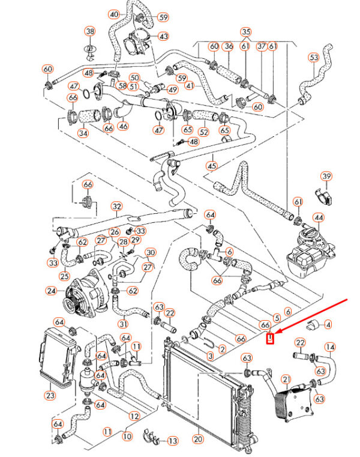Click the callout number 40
coord(114,14)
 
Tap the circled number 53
coord(314,58)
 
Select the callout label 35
coord(245,31)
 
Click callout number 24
coord(51,292)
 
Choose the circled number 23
coord(49,395)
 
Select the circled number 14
coord(331,347)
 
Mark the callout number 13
coord(173,441)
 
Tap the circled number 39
coord(326,176)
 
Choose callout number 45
coord(211,166)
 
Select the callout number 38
coord(90,31)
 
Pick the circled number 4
coord(328,325)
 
